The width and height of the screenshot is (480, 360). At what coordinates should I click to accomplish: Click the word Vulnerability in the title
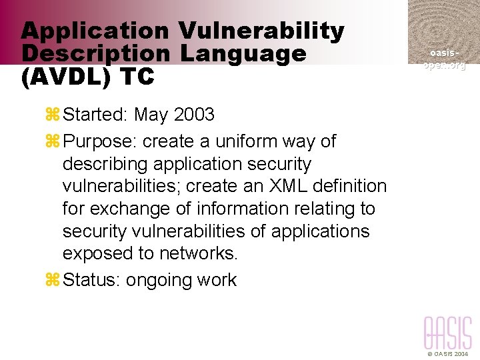tap(261, 31)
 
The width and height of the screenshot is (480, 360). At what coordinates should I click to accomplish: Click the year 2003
tap(194, 115)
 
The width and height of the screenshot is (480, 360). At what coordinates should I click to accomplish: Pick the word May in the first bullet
tap(151, 115)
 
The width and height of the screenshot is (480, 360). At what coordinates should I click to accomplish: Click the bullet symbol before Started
tap(53, 115)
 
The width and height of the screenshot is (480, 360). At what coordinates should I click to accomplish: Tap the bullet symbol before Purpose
tap(53, 141)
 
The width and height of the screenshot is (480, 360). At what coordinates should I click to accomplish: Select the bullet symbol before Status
tap(53, 280)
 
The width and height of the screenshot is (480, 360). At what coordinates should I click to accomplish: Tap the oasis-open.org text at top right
tap(444, 59)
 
